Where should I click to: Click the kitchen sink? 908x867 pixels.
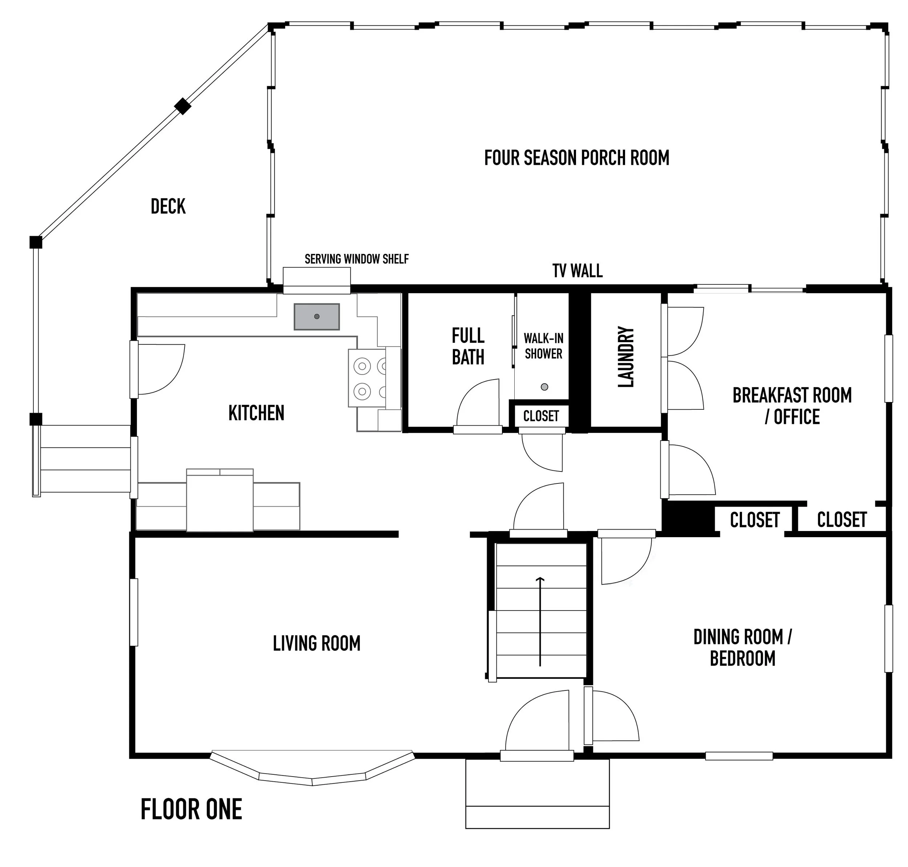[317, 317]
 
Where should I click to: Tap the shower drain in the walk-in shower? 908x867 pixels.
[544, 387]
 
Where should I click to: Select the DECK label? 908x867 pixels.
[168, 207]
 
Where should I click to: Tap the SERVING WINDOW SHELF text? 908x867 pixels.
[357, 259]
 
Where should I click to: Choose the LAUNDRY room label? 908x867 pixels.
[626, 356]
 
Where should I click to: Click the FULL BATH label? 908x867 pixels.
[468, 346]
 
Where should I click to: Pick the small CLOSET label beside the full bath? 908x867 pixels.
[541, 416]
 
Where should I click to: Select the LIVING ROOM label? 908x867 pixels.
[317, 643]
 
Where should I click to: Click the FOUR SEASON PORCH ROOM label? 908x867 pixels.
[577, 158]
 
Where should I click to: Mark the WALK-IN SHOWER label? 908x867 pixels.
[543, 346]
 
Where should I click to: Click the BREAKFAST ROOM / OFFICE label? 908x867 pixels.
[792, 406]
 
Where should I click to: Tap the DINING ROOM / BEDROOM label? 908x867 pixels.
[743, 648]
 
